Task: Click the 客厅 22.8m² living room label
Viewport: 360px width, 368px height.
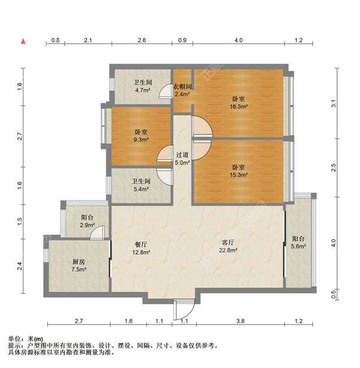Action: (x=228, y=247)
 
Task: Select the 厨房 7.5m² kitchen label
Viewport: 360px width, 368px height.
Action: (x=79, y=266)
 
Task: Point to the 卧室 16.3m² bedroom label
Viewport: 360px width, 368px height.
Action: (x=238, y=103)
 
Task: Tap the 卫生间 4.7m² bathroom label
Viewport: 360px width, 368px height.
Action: (x=142, y=87)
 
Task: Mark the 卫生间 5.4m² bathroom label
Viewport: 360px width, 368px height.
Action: (x=142, y=184)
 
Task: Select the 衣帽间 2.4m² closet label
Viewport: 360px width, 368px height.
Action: (x=182, y=91)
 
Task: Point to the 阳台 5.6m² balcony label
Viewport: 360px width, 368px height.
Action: (x=298, y=242)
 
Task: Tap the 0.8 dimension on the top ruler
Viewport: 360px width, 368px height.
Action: (x=55, y=40)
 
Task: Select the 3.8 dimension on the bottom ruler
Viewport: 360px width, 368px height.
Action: (x=241, y=322)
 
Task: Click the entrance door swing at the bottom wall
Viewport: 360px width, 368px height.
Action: (x=181, y=310)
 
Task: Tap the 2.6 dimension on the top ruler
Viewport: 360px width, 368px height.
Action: (x=142, y=40)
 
